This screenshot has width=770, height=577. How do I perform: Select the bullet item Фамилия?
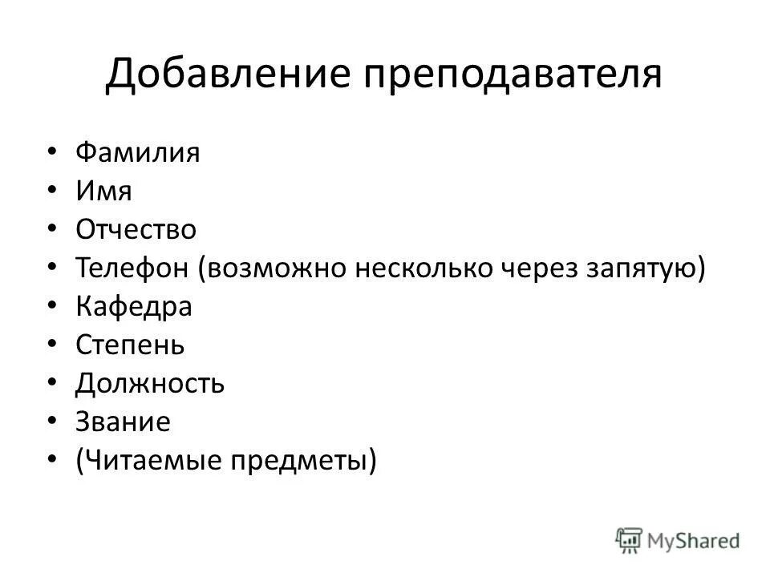[137, 152]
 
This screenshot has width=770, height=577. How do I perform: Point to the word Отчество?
[136, 230]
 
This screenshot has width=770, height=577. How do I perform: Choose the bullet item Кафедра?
[134, 307]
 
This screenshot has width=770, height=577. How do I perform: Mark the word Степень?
[130, 345]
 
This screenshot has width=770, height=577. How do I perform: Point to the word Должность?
[150, 384]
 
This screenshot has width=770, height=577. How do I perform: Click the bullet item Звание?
[123, 422]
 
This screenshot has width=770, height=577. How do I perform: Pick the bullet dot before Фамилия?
[52, 152]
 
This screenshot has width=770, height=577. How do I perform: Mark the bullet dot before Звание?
[52, 422]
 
